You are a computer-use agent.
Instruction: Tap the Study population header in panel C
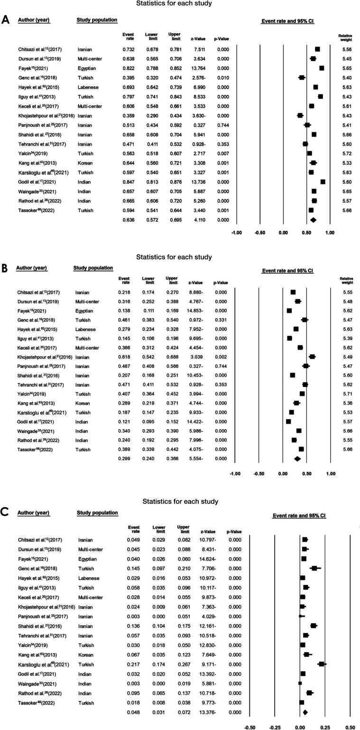[x=97, y=513]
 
